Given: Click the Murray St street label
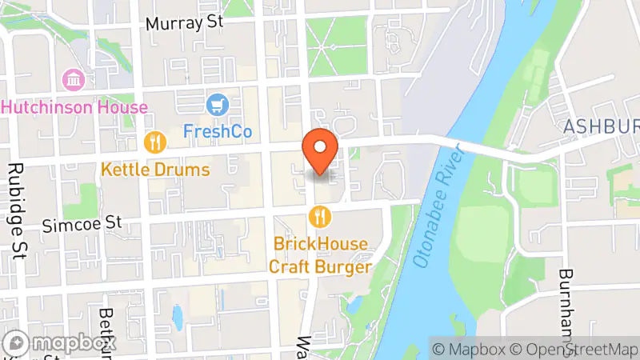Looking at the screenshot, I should click(x=183, y=22).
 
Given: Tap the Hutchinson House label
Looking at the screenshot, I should click(x=74, y=107).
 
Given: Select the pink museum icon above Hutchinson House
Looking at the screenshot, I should click(x=74, y=80).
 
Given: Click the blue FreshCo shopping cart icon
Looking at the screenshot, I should click(x=216, y=104).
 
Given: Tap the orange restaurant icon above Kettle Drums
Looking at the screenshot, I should click(x=154, y=143).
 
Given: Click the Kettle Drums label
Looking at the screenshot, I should click(x=155, y=170).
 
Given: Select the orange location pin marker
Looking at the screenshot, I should click(x=321, y=150).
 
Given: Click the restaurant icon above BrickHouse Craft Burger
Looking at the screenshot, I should click(x=320, y=216).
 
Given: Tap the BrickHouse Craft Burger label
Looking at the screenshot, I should click(x=321, y=255).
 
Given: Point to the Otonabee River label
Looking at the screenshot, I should click(x=438, y=207).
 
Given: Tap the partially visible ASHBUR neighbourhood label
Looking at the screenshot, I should click(x=601, y=127).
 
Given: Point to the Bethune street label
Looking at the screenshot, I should click(x=107, y=332).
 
